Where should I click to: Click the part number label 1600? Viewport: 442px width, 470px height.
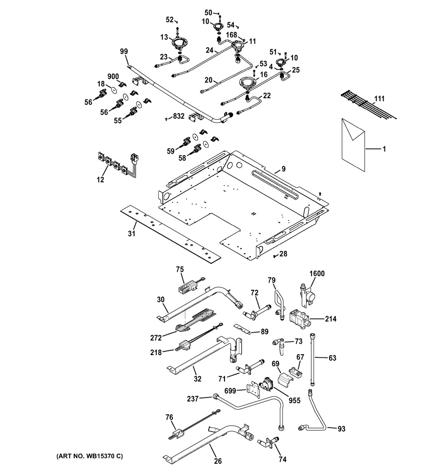[x=316, y=273]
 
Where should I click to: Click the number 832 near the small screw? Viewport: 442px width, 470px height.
[x=178, y=117]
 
